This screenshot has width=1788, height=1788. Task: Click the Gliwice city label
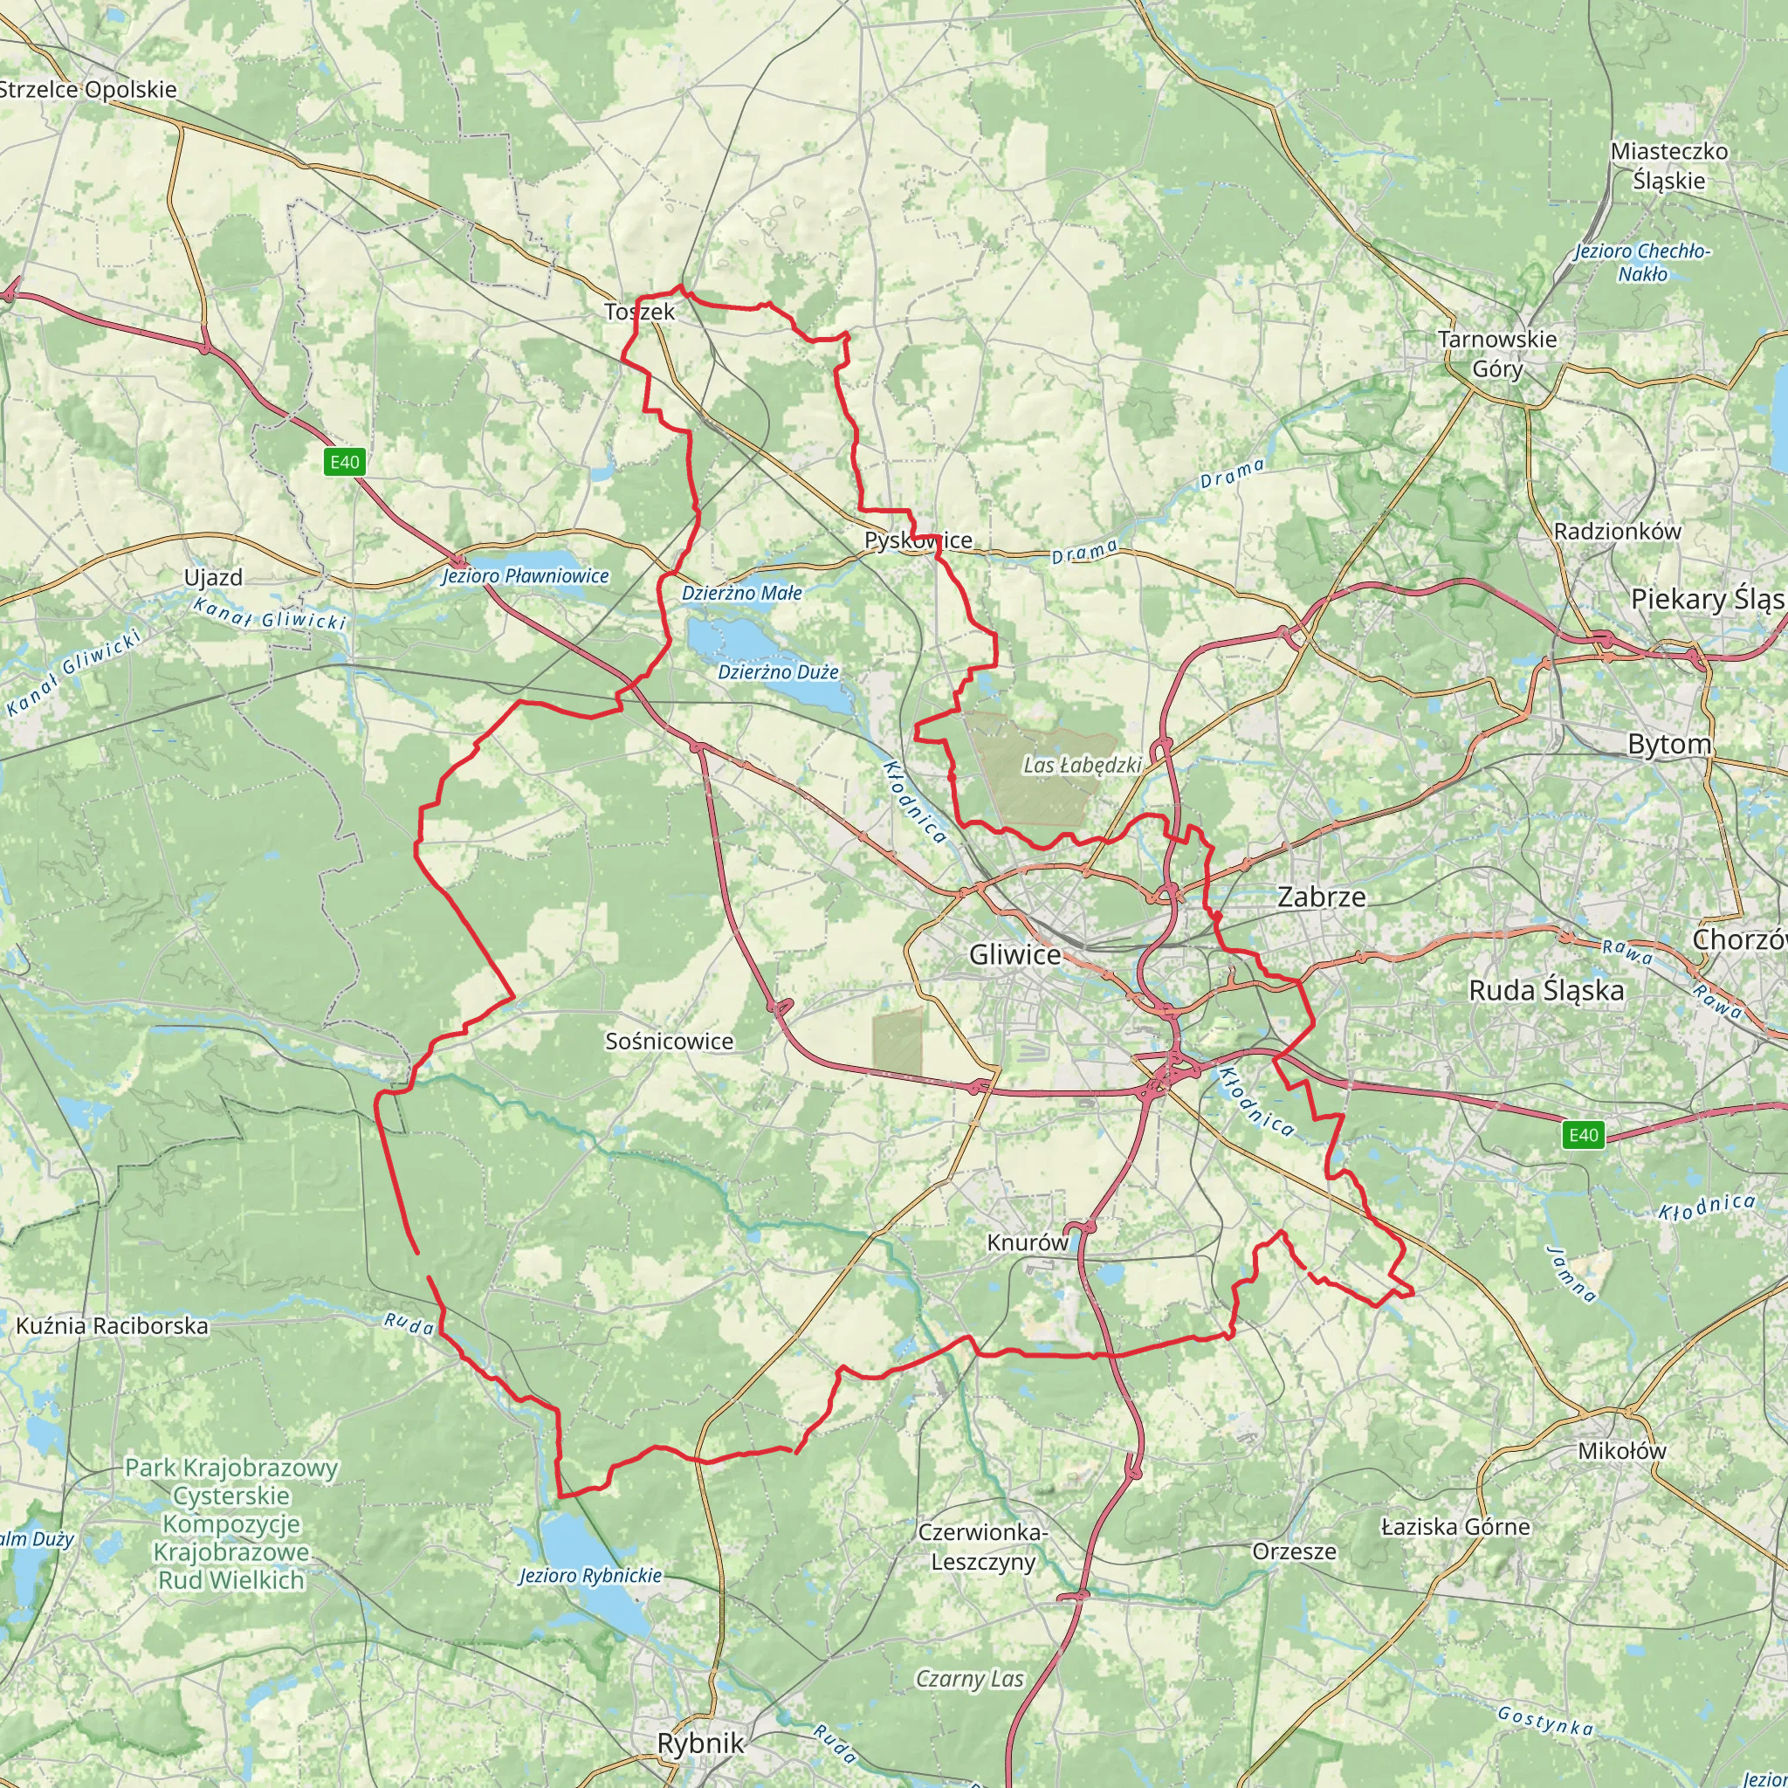click(x=1014, y=954)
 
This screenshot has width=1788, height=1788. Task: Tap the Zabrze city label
click(x=1321, y=896)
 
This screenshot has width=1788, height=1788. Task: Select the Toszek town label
click(x=639, y=312)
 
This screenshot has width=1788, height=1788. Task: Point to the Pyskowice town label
click(x=918, y=540)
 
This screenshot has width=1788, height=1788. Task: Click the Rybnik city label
click(x=699, y=1743)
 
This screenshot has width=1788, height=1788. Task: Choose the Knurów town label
click(x=1028, y=1242)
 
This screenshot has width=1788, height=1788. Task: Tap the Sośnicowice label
click(x=669, y=1042)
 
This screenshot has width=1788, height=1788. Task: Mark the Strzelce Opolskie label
click(x=88, y=90)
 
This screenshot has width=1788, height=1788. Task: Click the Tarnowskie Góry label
click(x=1497, y=354)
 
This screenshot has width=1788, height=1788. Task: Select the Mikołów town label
click(x=1621, y=1450)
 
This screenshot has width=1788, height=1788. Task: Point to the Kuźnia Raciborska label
click(x=112, y=1325)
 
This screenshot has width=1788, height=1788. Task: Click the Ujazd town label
click(x=213, y=577)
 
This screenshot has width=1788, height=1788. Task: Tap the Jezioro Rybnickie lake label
click(x=590, y=1574)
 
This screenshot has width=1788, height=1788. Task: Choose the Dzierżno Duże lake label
click(x=778, y=672)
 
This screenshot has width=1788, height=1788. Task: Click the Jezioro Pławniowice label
click(x=525, y=575)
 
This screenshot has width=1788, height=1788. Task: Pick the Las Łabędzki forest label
click(x=1082, y=766)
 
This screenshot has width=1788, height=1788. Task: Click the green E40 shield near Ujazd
click(x=344, y=462)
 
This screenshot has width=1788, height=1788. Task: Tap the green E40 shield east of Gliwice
click(x=1583, y=1135)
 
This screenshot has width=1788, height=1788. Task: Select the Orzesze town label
click(x=1294, y=1551)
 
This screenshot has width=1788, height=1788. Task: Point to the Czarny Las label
click(x=970, y=1679)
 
